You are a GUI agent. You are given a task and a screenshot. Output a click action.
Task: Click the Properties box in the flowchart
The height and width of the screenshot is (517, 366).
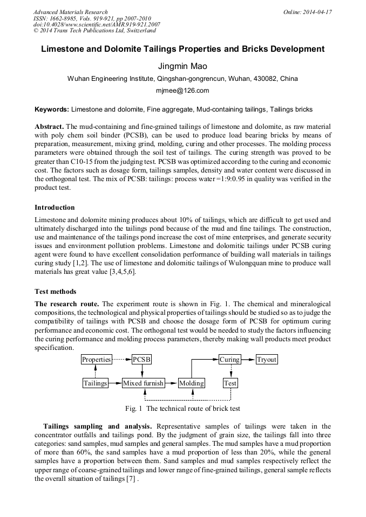click(x=97, y=360)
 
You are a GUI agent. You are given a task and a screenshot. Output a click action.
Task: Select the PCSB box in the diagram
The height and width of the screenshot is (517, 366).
click(x=142, y=360)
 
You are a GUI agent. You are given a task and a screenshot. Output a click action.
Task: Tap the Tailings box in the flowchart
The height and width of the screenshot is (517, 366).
click(x=96, y=383)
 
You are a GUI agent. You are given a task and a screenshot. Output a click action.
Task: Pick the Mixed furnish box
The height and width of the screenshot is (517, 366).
click(x=143, y=383)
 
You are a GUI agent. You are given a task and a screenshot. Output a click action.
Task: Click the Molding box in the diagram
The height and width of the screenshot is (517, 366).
click(x=192, y=383)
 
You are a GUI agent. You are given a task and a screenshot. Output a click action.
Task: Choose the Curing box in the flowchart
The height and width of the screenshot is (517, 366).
click(x=230, y=360)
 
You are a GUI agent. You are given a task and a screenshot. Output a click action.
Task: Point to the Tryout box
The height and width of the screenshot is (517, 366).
click(x=267, y=360)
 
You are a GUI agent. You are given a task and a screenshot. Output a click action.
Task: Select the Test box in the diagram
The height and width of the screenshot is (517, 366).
click(x=231, y=383)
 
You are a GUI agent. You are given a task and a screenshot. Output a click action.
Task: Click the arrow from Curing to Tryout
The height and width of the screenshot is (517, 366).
click(x=248, y=360)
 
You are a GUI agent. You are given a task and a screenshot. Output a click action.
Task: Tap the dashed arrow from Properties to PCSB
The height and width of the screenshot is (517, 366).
click(x=122, y=360)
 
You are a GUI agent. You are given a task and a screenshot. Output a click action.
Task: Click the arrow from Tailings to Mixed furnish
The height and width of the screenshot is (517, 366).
click(x=115, y=383)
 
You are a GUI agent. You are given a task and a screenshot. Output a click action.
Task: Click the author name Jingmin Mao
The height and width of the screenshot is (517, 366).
click(x=182, y=66)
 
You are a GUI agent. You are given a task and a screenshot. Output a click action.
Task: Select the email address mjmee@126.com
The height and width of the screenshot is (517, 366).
click(x=182, y=91)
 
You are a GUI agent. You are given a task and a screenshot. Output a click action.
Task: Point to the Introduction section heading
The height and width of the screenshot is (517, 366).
click(x=55, y=208)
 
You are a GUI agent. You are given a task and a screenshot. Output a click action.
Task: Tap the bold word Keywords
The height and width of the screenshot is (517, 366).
click(x=52, y=109)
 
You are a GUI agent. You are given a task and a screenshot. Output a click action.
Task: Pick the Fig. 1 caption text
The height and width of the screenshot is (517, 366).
click(x=182, y=409)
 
